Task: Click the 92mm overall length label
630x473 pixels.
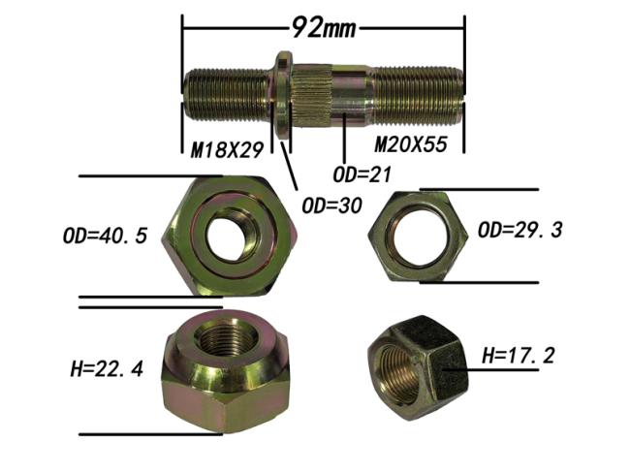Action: pos(324,28)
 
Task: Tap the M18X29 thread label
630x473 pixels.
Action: pos(227,150)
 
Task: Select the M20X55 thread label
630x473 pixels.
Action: pos(411,144)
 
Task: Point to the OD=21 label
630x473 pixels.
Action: pos(362,174)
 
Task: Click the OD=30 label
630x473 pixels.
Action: pos(331,205)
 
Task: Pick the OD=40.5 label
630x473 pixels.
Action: pos(106,236)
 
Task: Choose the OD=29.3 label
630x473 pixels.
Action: pos(520,231)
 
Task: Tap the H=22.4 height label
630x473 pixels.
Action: pos(107,369)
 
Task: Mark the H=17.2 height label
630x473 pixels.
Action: pos(519,356)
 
